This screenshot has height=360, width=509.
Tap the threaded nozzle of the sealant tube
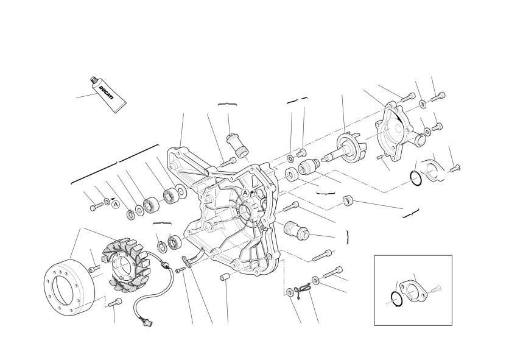click(93, 80)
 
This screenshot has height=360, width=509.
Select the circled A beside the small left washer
click(115, 205)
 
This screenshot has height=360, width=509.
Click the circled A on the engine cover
click(245, 193)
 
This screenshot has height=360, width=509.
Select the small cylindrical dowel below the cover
click(225, 278)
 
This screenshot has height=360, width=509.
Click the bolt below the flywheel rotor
click(116, 303)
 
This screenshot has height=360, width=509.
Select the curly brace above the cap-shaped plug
click(227, 104)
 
